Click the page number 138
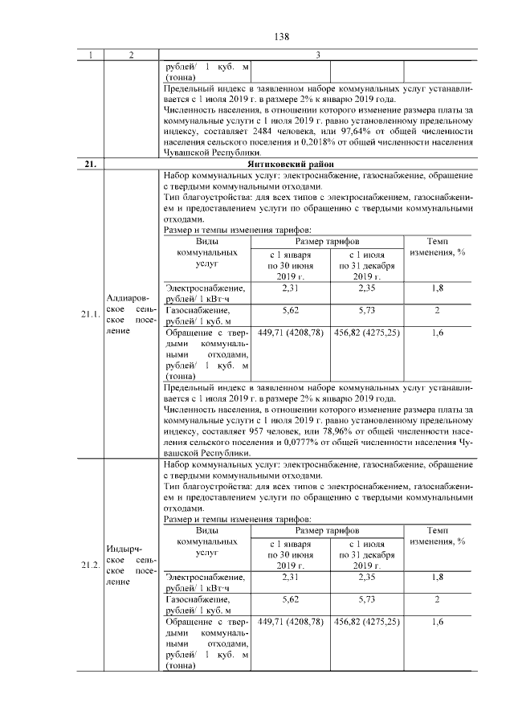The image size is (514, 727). [x=281, y=36]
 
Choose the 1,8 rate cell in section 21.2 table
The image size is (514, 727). [x=437, y=577]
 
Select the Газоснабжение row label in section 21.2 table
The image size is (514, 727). [x=194, y=599]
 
